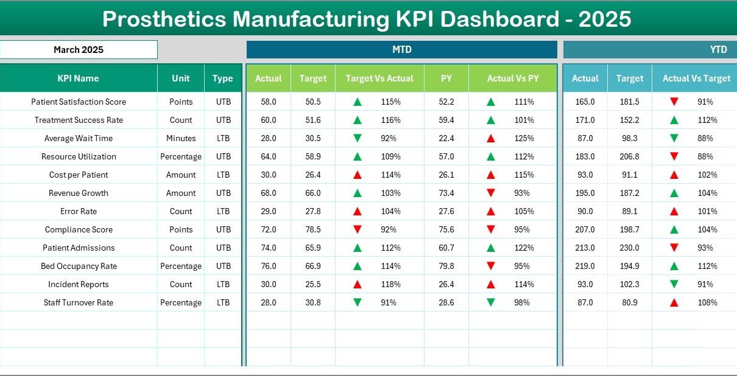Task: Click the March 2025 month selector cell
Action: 79,50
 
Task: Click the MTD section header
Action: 401,50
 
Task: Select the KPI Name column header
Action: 78,78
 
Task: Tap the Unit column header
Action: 180,78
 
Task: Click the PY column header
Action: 446,78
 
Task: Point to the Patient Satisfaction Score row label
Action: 79,102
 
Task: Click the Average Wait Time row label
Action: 79,138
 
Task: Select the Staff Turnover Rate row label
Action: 79,302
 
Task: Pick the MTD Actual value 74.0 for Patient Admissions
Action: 268,248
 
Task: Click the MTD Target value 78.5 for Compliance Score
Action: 313,229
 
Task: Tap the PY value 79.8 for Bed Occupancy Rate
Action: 446,266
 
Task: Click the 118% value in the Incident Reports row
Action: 389,284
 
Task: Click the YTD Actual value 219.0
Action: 585,266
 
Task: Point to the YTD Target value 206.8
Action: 629,156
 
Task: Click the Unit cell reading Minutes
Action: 181,138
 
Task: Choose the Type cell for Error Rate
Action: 223,211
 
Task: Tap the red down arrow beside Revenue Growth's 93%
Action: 491,193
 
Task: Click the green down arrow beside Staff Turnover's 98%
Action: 491,302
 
